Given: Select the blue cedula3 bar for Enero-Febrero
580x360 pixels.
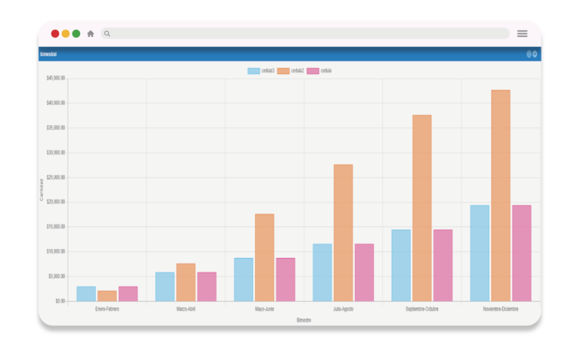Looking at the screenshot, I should coord(86,294).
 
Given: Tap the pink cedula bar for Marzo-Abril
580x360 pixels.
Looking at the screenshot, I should coord(206,287).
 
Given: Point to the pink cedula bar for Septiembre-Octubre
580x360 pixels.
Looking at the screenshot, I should coord(443,265).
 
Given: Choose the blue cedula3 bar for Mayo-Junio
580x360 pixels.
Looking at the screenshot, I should coord(243,279).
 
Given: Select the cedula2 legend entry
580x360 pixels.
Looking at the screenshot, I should coord(291,71).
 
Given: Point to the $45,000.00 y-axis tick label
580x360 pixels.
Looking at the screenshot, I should coord(55,78).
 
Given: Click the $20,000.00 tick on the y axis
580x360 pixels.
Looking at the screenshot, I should coord(55,202).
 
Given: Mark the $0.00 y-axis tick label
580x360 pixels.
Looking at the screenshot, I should coord(59,300).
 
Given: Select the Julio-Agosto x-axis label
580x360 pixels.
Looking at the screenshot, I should coord(343,309).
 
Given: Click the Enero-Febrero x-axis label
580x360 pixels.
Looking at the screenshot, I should coord(107,309).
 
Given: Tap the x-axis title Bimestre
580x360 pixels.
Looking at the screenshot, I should coord(304,320).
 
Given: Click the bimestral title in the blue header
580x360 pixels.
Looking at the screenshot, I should coord(48,54).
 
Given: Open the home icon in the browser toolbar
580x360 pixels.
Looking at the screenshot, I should coord(91,33).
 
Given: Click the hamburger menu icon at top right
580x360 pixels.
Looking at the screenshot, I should coord(522,33).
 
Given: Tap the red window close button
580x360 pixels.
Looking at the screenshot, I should coord(55,33).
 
